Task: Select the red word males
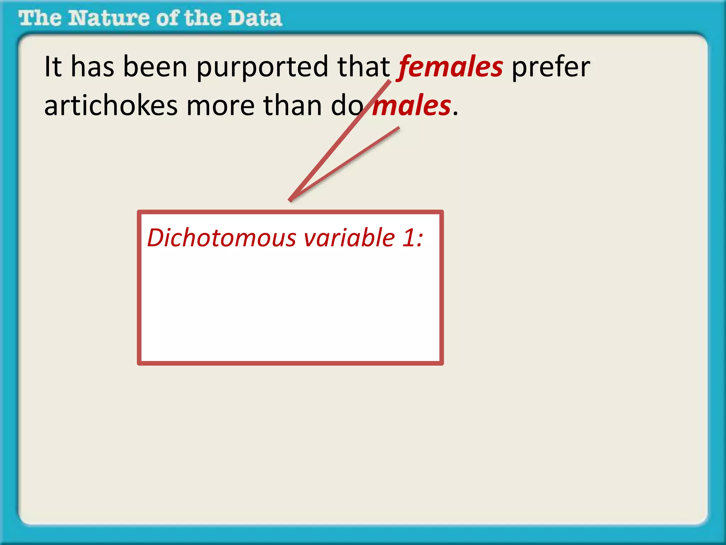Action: pos(412,106)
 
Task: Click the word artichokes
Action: pos(111,106)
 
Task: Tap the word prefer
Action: pos(551,67)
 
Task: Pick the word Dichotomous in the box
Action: pos(222,238)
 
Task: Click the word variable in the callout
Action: pos(349,238)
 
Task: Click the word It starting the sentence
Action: pos(53,67)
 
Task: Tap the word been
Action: pos(155,67)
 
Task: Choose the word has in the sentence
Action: pos(93,67)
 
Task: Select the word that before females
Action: pos(363,67)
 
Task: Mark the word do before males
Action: pos(347,106)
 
